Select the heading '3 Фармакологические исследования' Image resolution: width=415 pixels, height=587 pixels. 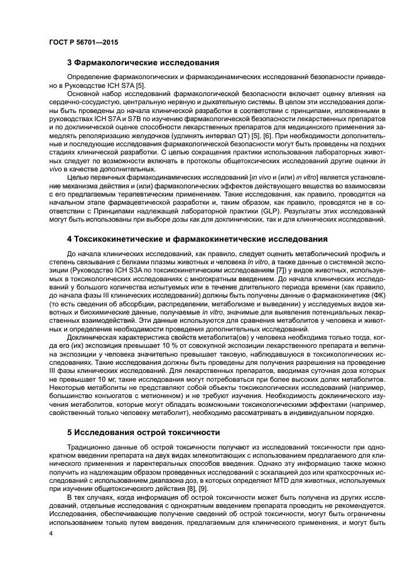pyautogui.click(x=143, y=63)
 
